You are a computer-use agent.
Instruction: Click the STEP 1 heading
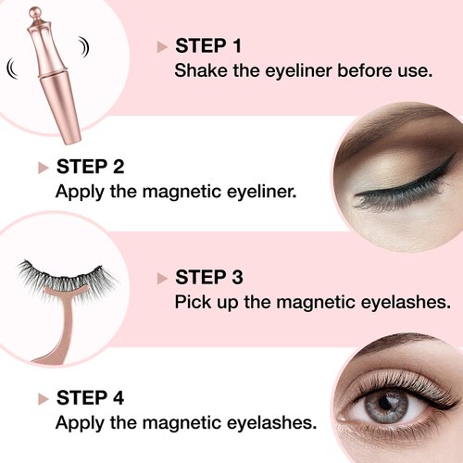click(x=210, y=46)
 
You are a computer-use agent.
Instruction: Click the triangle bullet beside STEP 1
click(x=163, y=46)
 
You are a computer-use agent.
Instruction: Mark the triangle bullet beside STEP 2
click(x=43, y=168)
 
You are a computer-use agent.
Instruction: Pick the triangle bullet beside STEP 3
click(x=162, y=278)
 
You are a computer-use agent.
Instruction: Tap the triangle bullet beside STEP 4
click(x=43, y=399)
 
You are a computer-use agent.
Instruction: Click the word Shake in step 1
click(x=199, y=70)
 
